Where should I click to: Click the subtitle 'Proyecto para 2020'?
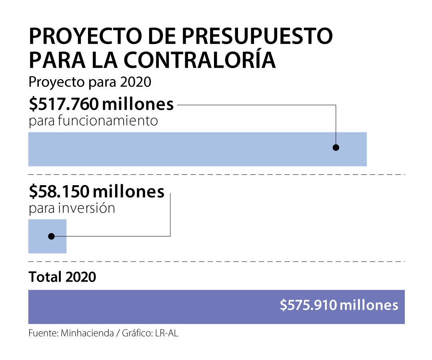(x=90, y=82)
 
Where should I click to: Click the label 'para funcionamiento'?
(x=93, y=120)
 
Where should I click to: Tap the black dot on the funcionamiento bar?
(x=336, y=148)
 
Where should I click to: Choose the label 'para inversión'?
(x=72, y=208)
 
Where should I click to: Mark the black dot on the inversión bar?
(x=51, y=236)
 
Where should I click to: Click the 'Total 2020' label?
(x=62, y=277)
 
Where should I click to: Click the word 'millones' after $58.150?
(x=128, y=192)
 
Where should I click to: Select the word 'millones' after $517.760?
(x=138, y=105)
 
